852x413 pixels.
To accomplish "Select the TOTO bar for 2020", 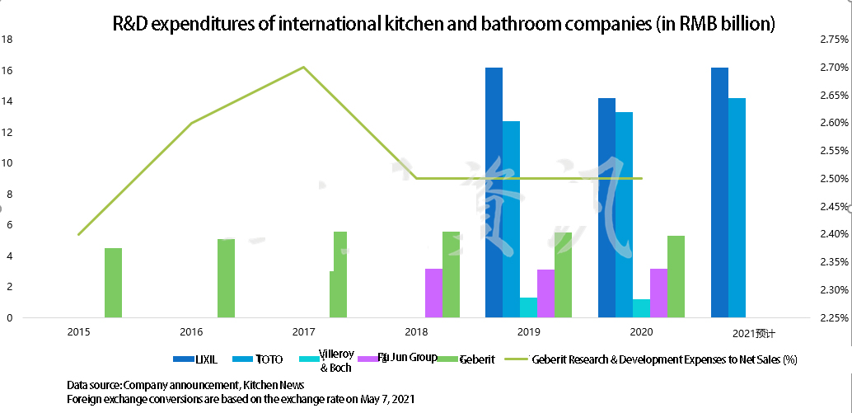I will tap(624, 214).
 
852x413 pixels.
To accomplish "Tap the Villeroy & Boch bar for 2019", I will tap(528, 307).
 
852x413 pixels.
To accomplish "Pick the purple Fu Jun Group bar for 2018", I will tap(433, 293).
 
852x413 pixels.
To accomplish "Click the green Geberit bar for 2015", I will tap(113, 283).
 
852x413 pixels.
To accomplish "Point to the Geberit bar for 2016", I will tap(226, 278).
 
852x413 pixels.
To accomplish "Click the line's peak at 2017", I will tap(304, 67).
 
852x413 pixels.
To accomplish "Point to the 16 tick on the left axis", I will tap(7, 70).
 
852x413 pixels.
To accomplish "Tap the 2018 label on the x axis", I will tap(417, 331).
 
